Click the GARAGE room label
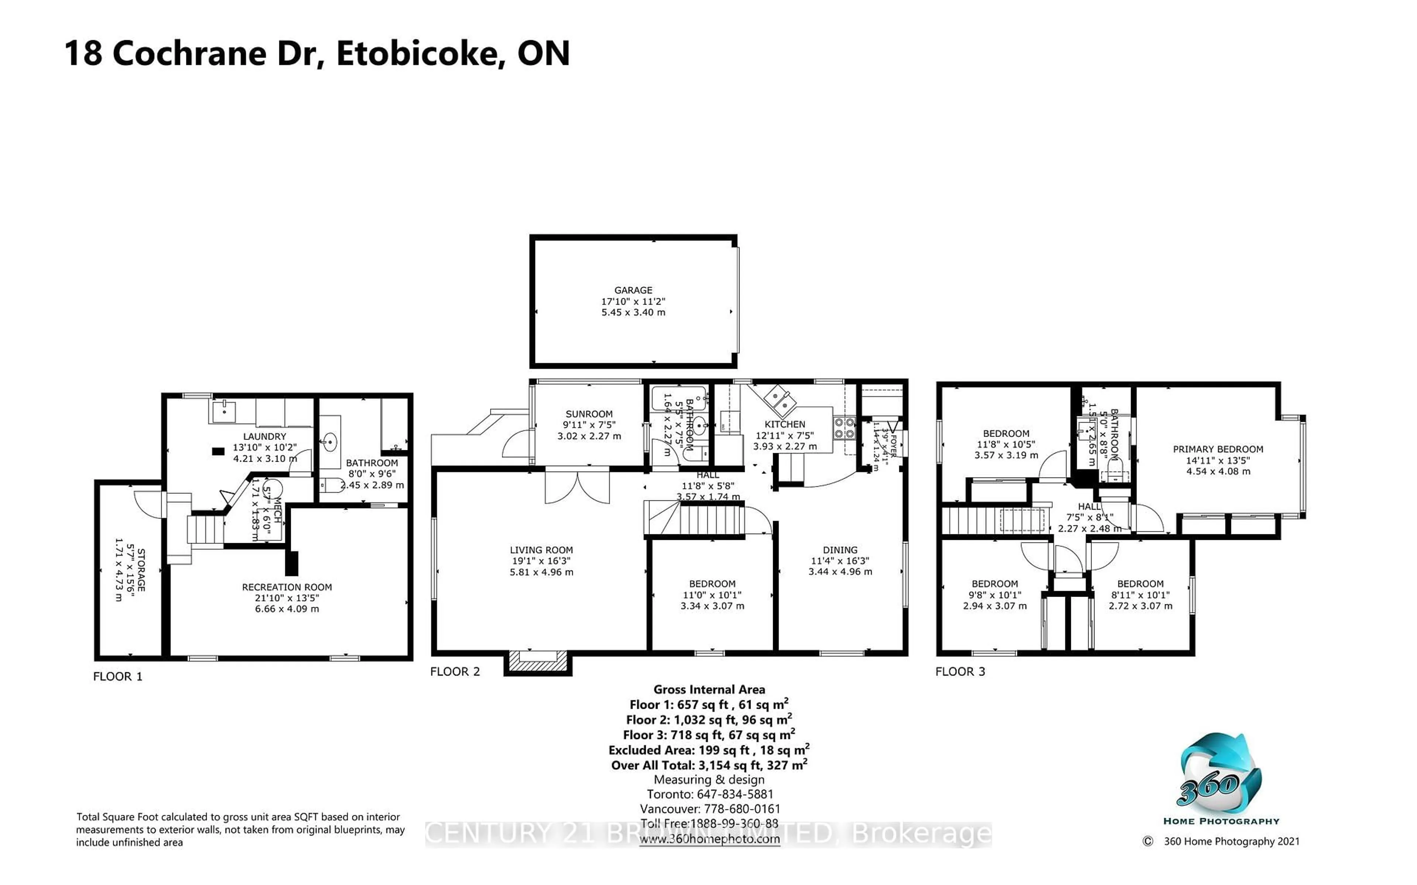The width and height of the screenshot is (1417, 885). (x=633, y=290)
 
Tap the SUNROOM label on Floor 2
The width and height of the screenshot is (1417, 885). (x=589, y=414)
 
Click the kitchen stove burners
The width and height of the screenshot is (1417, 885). (x=844, y=427)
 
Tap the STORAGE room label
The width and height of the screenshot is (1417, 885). (x=141, y=569)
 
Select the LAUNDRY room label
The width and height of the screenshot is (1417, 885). (x=265, y=437)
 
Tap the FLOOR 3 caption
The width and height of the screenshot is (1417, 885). (x=960, y=672)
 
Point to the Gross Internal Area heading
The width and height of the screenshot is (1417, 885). (x=709, y=690)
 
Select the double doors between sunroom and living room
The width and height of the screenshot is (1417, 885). (x=578, y=487)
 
